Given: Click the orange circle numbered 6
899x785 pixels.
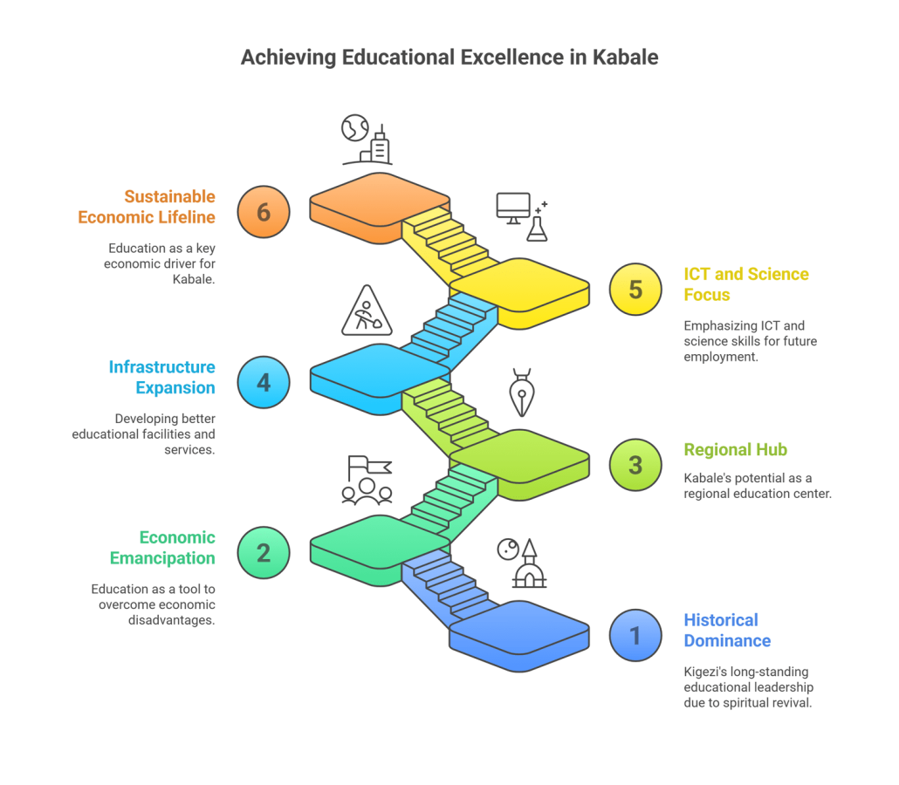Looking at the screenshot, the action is pos(264,212).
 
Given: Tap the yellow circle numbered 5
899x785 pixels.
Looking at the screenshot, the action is pos(635,290).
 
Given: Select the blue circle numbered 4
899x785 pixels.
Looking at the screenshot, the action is pos(264,382).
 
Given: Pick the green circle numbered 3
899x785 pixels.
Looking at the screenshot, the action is pos(635,465).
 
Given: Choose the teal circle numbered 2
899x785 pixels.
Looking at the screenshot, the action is pos(264,553).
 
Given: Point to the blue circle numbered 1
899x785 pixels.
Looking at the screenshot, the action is pos(635,636).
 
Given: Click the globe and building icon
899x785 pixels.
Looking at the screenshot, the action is pos(367,140).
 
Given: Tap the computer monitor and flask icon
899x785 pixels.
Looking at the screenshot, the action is pos(522,216).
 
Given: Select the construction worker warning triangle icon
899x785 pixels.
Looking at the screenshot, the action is pos(367,311).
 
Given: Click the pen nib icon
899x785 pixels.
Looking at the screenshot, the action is pos(522,392).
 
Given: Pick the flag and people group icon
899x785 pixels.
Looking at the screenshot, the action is pos(367,481).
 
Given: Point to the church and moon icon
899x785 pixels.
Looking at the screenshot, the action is pos(522,563).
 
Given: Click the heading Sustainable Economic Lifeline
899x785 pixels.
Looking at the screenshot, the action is pos(147,207).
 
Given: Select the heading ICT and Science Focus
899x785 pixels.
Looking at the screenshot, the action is pos(746,284).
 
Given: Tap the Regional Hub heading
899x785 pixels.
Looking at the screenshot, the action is pos(735,450).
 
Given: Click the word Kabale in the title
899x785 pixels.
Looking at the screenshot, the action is pos(625,58).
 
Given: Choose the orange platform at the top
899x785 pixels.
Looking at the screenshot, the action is pos(380,208).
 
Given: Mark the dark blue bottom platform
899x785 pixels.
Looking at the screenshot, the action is pos(519,636).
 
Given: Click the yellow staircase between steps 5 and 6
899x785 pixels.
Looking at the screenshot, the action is pos(450,243).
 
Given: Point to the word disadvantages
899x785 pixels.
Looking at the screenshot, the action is pos(171,620).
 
